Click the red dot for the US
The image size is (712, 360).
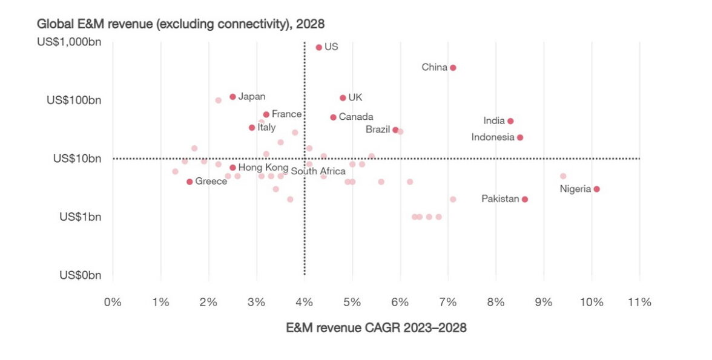319,47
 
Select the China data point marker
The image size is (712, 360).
453,68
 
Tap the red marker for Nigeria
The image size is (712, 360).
597,189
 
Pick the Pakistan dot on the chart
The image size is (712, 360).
525,199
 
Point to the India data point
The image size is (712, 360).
510,121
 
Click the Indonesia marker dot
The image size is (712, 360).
520,137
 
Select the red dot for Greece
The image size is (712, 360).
190,182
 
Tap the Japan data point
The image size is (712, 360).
232,97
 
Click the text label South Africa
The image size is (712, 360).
318,171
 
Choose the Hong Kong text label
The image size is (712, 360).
263,167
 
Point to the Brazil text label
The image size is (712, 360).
378,129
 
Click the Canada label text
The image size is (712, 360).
356,117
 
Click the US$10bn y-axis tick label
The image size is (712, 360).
77,159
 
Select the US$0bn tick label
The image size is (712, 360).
80,275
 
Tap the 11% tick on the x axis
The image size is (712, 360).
639,302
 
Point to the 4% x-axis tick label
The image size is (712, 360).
304,302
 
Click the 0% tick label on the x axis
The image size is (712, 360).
113,302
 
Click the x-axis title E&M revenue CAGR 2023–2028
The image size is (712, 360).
376,327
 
